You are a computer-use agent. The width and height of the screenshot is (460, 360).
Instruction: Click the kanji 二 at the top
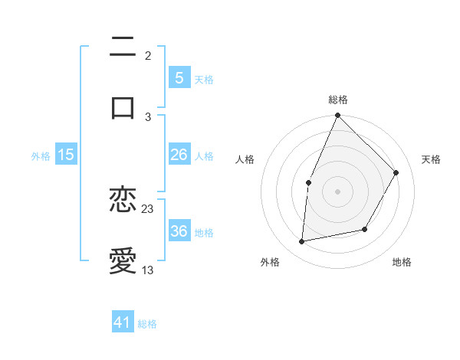click(x=123, y=48)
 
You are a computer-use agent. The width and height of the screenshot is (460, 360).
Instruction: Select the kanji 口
click(x=123, y=107)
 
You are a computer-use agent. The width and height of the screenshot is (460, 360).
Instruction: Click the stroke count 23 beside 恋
click(x=148, y=208)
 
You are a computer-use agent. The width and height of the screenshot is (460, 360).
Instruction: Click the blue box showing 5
click(x=179, y=78)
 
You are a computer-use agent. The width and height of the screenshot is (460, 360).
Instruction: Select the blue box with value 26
click(x=179, y=155)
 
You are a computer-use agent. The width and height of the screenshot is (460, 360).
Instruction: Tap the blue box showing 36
click(x=179, y=231)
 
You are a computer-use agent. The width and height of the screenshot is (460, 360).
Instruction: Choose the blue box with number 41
click(x=123, y=322)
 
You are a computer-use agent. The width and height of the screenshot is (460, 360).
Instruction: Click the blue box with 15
click(x=66, y=155)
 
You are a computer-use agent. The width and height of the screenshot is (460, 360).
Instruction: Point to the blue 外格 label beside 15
click(x=41, y=155)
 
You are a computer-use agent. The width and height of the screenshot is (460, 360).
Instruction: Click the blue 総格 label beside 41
click(x=148, y=323)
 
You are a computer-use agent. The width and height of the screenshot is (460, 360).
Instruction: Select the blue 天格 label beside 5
click(x=204, y=79)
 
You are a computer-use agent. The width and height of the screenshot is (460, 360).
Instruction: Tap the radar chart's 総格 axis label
click(x=338, y=100)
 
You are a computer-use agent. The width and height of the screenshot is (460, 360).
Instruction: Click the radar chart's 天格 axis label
click(x=432, y=159)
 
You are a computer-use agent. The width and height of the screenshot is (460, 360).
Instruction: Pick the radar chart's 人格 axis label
click(x=245, y=159)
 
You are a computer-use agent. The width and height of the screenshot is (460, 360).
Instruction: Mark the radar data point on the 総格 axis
click(x=337, y=116)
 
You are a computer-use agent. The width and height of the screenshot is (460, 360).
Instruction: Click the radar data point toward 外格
click(x=302, y=242)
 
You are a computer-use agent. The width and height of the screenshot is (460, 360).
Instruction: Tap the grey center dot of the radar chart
click(x=337, y=190)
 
